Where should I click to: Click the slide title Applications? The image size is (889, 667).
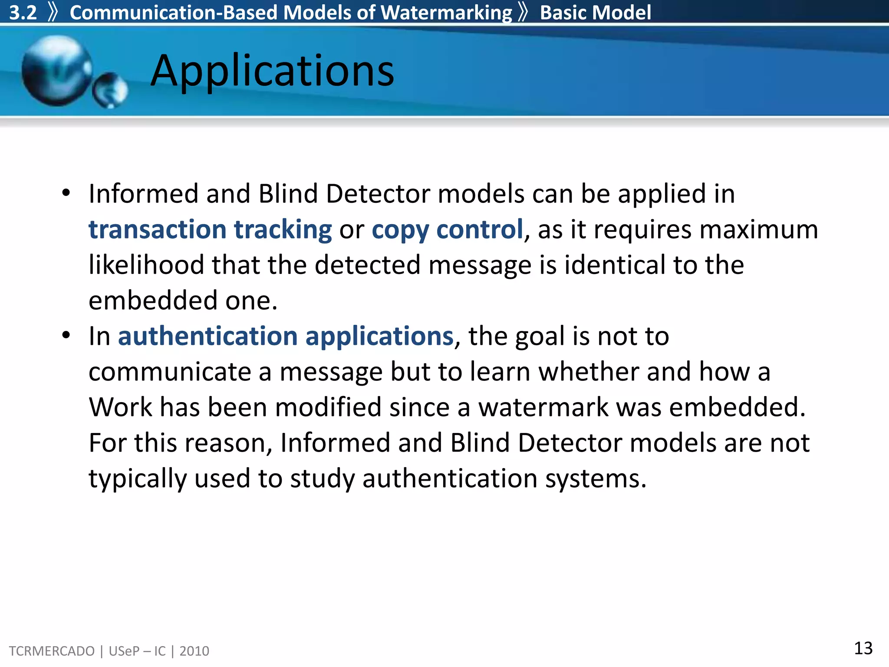(272, 71)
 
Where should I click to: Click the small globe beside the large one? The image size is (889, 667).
(110, 90)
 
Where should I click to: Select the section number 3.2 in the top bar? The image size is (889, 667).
(23, 13)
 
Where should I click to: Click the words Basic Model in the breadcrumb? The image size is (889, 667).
(595, 13)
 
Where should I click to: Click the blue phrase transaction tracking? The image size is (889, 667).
(210, 229)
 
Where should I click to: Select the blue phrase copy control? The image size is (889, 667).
(447, 229)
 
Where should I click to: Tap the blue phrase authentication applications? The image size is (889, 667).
(286, 336)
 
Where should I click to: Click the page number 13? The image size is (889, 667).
(863, 648)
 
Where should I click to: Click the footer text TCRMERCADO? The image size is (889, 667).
(52, 651)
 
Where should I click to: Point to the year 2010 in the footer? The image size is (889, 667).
(194, 651)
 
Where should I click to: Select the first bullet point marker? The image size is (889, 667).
(66, 193)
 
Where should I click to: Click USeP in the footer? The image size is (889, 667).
(124, 651)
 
